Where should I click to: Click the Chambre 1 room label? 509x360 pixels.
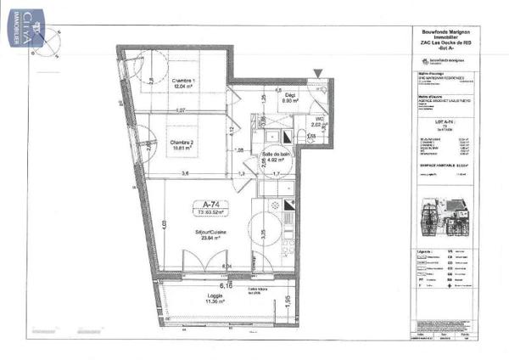184,81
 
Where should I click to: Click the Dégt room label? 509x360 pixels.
289,95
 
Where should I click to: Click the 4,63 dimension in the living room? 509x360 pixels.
161,224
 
